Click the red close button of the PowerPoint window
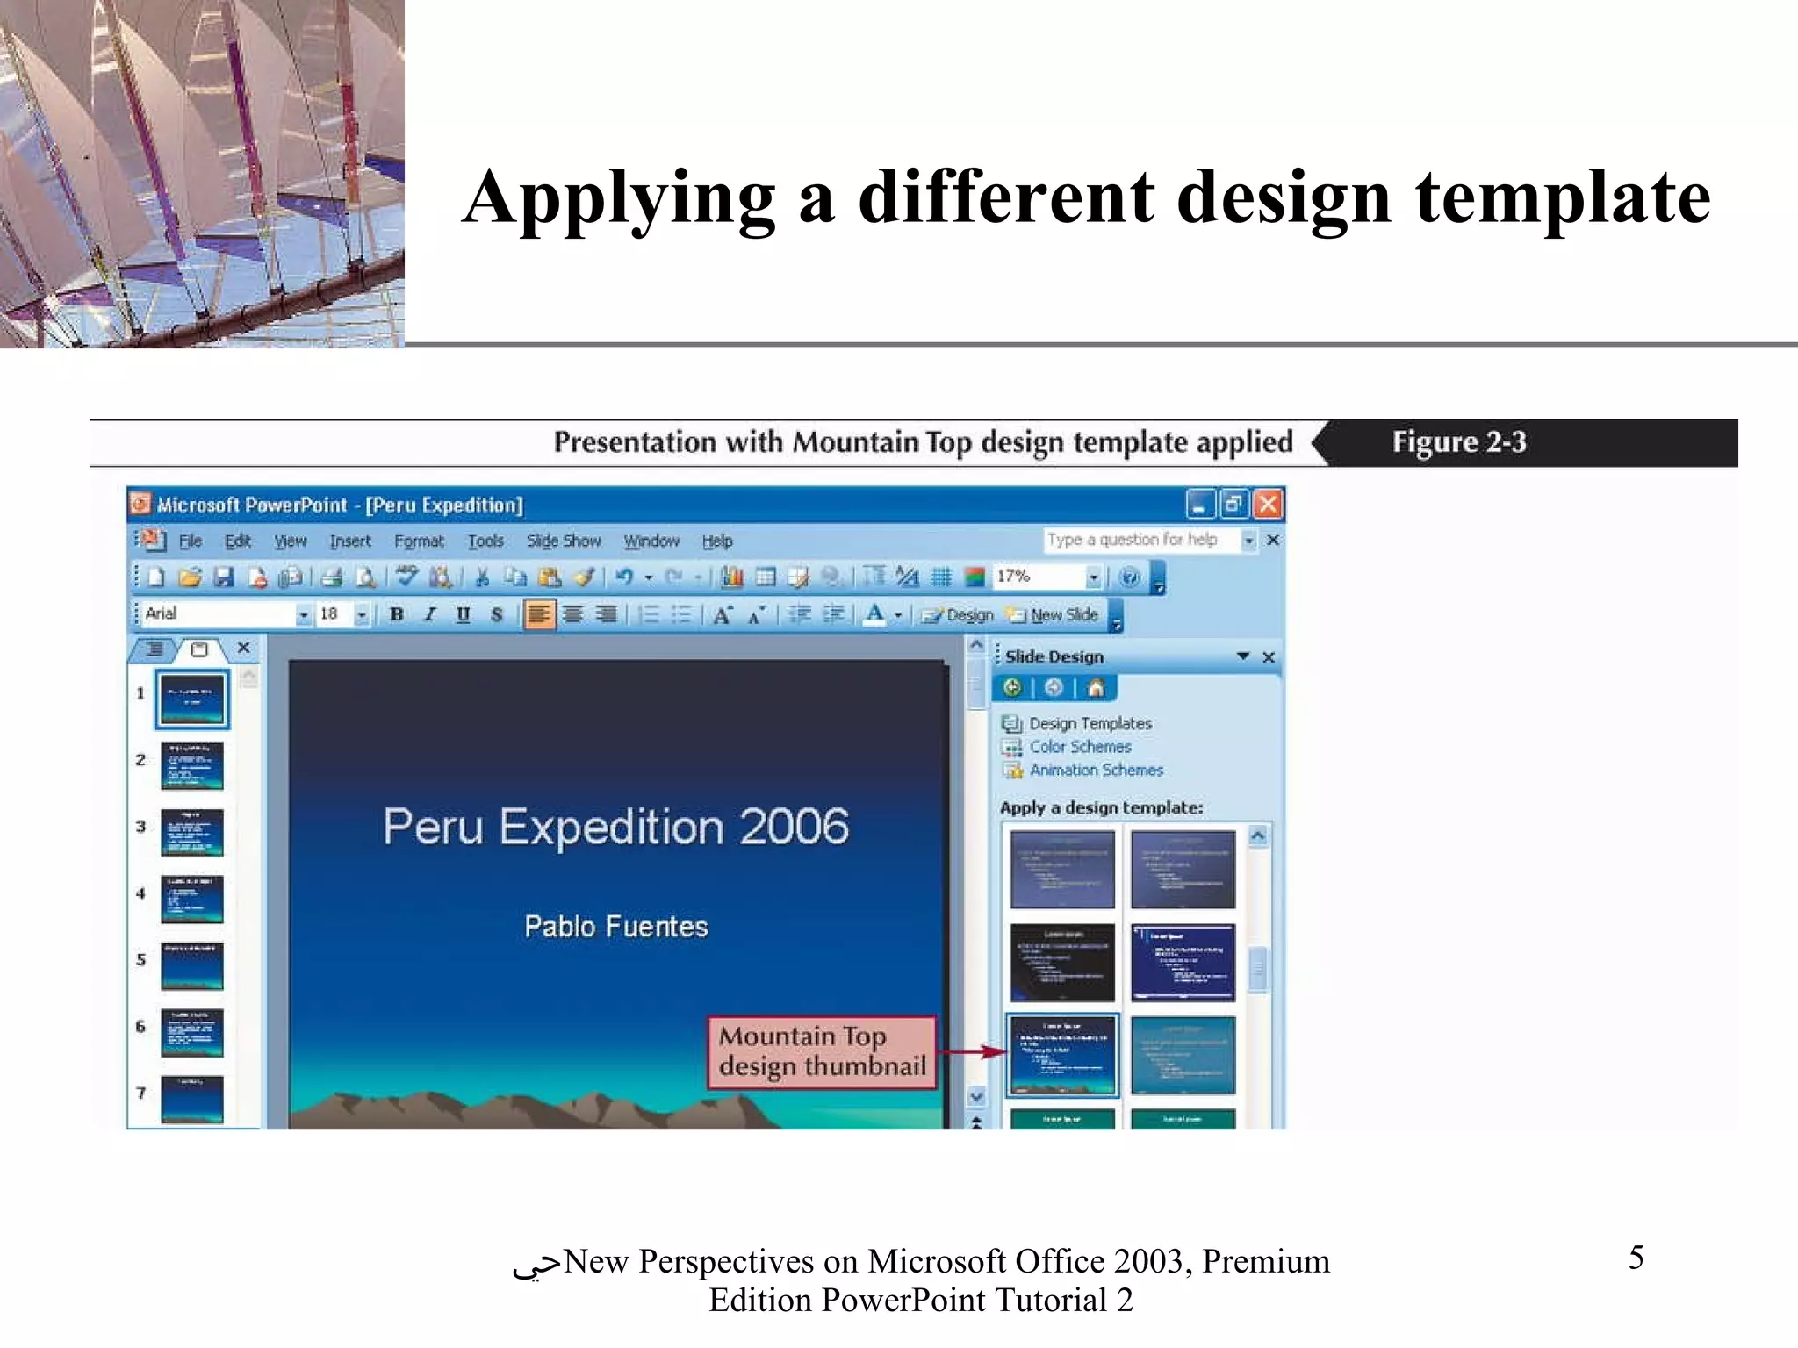click(x=1267, y=505)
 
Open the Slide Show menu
click(x=564, y=541)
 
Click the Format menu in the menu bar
click(x=419, y=541)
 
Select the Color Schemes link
click(x=1080, y=747)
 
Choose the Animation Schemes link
click(x=1096, y=771)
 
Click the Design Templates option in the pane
click(x=1090, y=724)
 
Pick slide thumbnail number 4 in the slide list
click(x=192, y=899)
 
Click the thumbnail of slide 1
click(x=192, y=699)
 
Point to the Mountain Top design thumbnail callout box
click(x=822, y=1052)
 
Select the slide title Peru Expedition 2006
click(x=616, y=827)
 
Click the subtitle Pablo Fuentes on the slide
click(x=616, y=927)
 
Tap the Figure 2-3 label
click(x=1459, y=442)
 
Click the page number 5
click(x=1636, y=1258)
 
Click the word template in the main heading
click(x=1563, y=198)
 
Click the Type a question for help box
click(x=1140, y=540)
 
